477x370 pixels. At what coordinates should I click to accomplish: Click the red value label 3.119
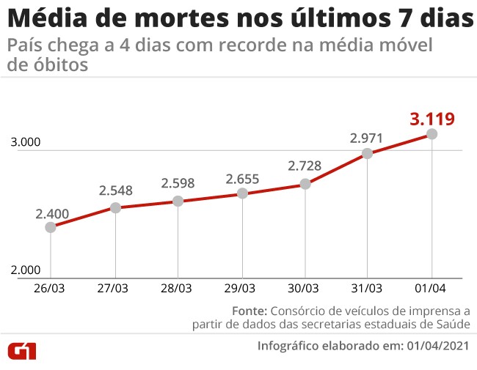click(x=432, y=118)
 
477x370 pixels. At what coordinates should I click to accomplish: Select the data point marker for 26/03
click(x=51, y=227)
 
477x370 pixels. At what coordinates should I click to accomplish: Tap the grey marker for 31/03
click(x=368, y=153)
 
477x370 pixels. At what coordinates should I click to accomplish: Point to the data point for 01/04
click(x=432, y=134)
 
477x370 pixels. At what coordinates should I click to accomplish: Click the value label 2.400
click(x=51, y=214)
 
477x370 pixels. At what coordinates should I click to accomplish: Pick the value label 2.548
click(x=115, y=190)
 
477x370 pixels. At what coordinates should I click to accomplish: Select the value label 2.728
click(x=305, y=166)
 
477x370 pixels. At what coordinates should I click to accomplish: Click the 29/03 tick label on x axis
click(x=241, y=288)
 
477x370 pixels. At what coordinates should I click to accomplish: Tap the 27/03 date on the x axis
click(x=114, y=288)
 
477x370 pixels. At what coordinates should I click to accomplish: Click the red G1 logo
click(x=22, y=351)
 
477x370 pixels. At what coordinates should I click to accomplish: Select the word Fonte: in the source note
click(x=251, y=309)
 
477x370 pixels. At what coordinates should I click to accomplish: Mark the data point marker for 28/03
click(x=178, y=201)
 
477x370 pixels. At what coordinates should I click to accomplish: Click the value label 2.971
click(x=367, y=137)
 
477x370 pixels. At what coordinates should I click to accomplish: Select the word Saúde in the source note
click(x=451, y=324)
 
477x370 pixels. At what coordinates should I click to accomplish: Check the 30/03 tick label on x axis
click(x=304, y=288)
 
